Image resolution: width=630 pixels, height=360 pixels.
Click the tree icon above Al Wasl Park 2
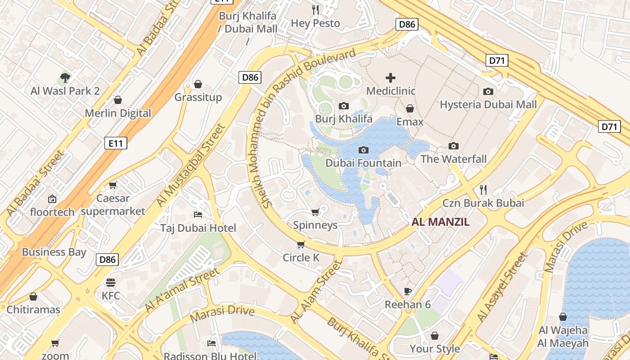pos(65,78)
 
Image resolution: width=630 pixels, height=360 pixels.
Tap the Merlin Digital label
pos(118,113)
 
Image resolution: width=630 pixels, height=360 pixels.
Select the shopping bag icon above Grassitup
pos(198,84)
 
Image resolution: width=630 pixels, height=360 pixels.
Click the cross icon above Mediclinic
pos(391,78)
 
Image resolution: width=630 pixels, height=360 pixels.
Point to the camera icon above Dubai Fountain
pos(364,150)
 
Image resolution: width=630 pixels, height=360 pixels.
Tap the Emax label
pos(409,122)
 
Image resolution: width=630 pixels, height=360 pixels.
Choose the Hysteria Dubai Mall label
pos(488,104)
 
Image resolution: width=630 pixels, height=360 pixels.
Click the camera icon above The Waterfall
pos(454,146)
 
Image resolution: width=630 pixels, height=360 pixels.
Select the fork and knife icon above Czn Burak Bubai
pos(483,189)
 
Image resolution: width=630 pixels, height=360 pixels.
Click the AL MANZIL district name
pos(441,222)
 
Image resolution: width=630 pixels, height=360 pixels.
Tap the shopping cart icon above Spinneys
pos(315,212)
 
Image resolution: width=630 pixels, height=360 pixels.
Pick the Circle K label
pos(301,257)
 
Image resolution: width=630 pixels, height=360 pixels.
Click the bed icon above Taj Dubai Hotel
pos(198,215)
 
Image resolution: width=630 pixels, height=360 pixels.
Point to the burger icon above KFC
pos(111,283)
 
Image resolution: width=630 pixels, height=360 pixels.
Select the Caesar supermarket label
pos(113,205)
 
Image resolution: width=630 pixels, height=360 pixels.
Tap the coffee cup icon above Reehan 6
pos(408,291)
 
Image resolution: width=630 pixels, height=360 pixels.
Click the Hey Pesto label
pos(315,23)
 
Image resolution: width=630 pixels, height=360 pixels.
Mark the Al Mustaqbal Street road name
pos(191,165)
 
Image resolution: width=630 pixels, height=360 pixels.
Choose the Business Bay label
pos(54,252)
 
